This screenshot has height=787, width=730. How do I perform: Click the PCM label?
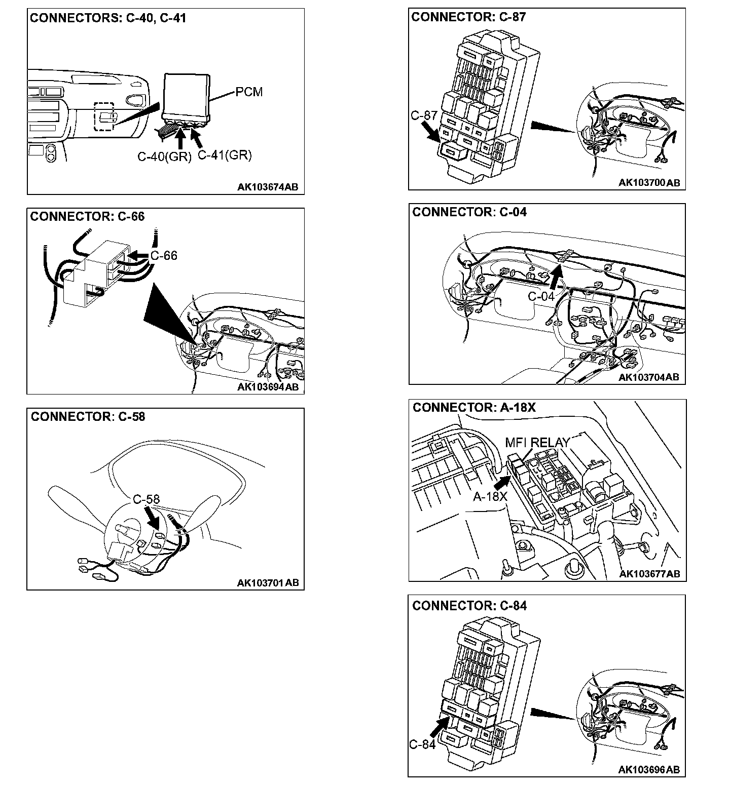coord(249,93)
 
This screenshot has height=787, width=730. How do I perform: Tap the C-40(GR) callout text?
coord(164,156)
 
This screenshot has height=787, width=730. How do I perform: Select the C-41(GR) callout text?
coord(225,155)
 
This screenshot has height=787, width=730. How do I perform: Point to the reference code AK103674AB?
coord(268,187)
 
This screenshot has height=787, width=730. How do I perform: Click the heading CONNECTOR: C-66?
coord(87,217)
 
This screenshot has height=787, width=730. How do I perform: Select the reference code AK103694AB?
coord(268,387)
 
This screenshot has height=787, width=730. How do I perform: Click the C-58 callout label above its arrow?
coord(147,499)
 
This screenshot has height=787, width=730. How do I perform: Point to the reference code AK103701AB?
coord(268,583)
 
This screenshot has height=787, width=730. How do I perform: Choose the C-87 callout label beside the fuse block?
coord(424,116)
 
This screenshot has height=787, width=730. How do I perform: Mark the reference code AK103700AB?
coord(649,183)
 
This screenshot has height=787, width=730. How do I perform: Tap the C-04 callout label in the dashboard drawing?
coord(541,296)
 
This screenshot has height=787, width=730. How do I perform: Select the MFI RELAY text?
coord(537,443)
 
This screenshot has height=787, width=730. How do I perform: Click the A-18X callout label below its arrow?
coord(490,497)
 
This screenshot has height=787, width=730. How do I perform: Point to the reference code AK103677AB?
coord(649,574)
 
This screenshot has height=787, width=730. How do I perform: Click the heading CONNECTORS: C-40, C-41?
coord(108,19)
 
